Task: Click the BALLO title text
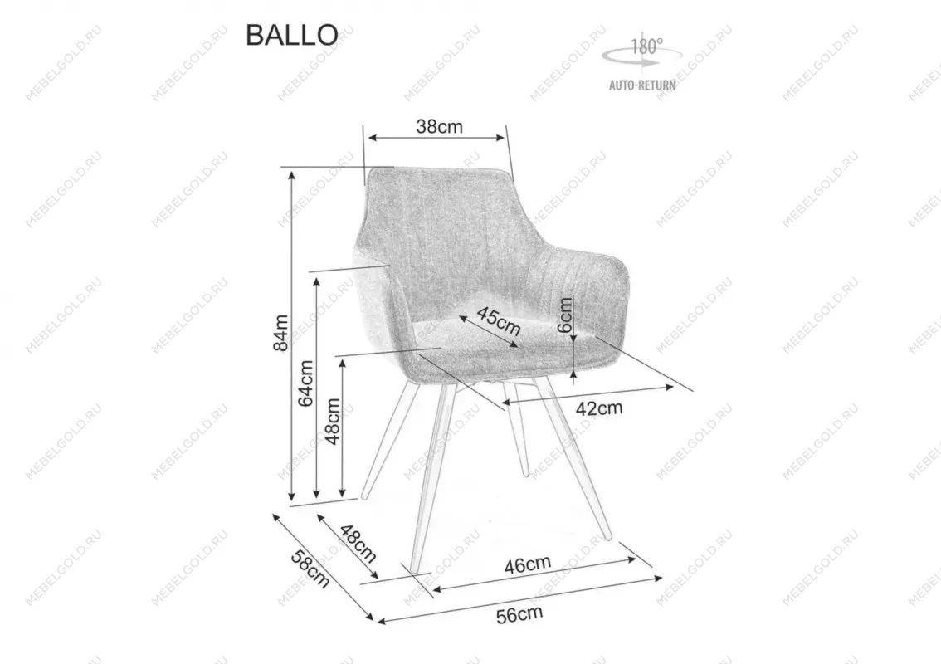point(292,35)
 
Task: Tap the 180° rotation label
point(647,46)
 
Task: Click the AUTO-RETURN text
point(642,85)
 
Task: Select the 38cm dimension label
point(439,127)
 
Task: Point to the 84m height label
point(280,333)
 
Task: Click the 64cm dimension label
point(306,383)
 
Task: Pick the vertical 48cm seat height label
point(333,422)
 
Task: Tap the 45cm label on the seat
point(499,320)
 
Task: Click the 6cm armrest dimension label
point(565,315)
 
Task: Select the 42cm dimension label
point(599,409)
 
